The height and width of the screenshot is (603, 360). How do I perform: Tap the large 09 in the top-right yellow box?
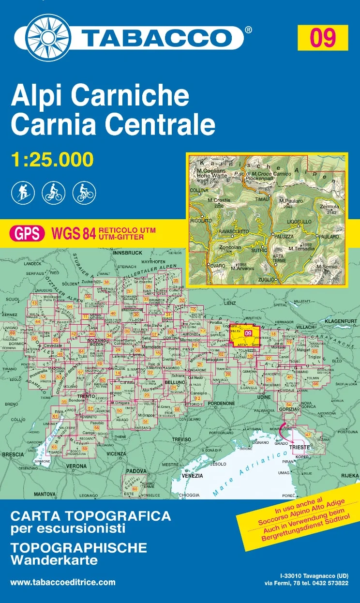pyautogui.click(x=323, y=38)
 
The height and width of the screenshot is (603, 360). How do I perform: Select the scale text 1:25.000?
pyautogui.click(x=52, y=159)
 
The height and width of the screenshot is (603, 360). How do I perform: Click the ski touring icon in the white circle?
pyautogui.click(x=23, y=193)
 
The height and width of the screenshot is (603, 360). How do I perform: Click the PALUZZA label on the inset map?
pyautogui.click(x=284, y=236)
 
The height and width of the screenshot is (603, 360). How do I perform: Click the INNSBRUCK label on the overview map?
pyautogui.click(x=127, y=253)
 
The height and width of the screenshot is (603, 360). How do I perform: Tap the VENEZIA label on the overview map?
pyautogui.click(x=192, y=476)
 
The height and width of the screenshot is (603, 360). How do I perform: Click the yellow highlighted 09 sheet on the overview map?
pyautogui.click(x=247, y=333)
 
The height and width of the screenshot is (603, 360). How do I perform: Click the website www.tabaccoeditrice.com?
pyautogui.click(x=63, y=582)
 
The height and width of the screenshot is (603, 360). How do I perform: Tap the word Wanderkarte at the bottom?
pyautogui.click(x=54, y=560)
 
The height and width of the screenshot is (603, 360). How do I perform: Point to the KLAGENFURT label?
pyautogui.click(x=341, y=321)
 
